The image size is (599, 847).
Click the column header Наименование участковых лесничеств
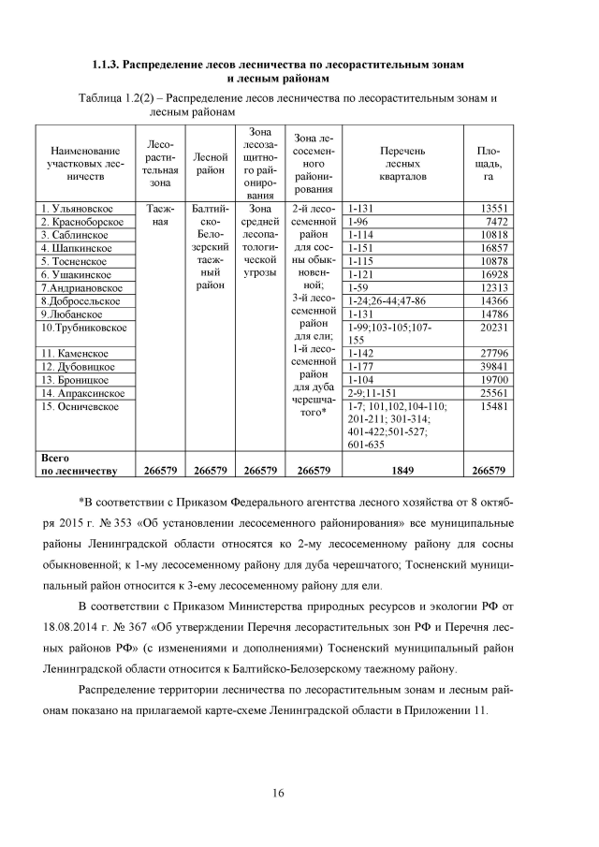84,163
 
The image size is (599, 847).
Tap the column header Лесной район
210,163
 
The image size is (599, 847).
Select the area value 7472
495,222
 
